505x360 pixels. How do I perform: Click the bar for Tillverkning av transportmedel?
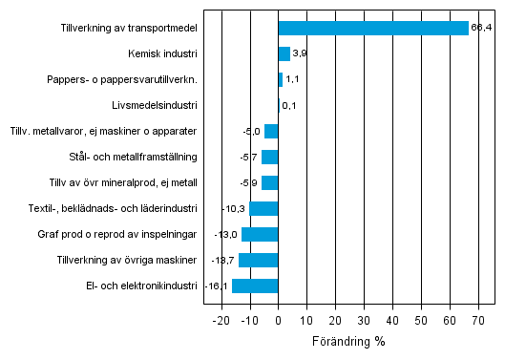coord(373,29)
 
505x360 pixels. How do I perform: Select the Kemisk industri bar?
coord(284,54)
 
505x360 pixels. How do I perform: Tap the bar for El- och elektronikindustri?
coord(255,286)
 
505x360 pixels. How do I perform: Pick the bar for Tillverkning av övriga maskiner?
coord(258,260)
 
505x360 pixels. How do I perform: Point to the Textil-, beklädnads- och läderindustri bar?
coord(263,208)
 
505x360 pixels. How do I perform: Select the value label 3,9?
coord(299,54)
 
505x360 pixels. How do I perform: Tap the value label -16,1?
coord(218,286)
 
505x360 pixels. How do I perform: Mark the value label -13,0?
coord(227,234)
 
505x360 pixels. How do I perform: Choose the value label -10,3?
coord(236,208)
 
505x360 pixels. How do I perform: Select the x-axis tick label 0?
coord(278,320)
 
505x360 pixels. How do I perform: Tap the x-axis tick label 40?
coord(392,320)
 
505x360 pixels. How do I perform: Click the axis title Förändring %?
coord(347,340)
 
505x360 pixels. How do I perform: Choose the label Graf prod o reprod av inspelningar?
coord(125,234)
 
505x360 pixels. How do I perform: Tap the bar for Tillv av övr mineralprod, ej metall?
coord(270,182)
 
